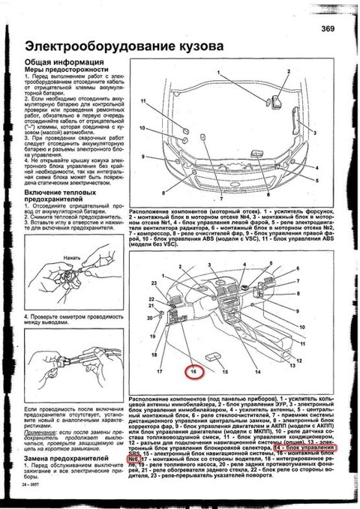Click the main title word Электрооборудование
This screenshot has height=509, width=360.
90,46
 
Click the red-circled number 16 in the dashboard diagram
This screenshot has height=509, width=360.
193,371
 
